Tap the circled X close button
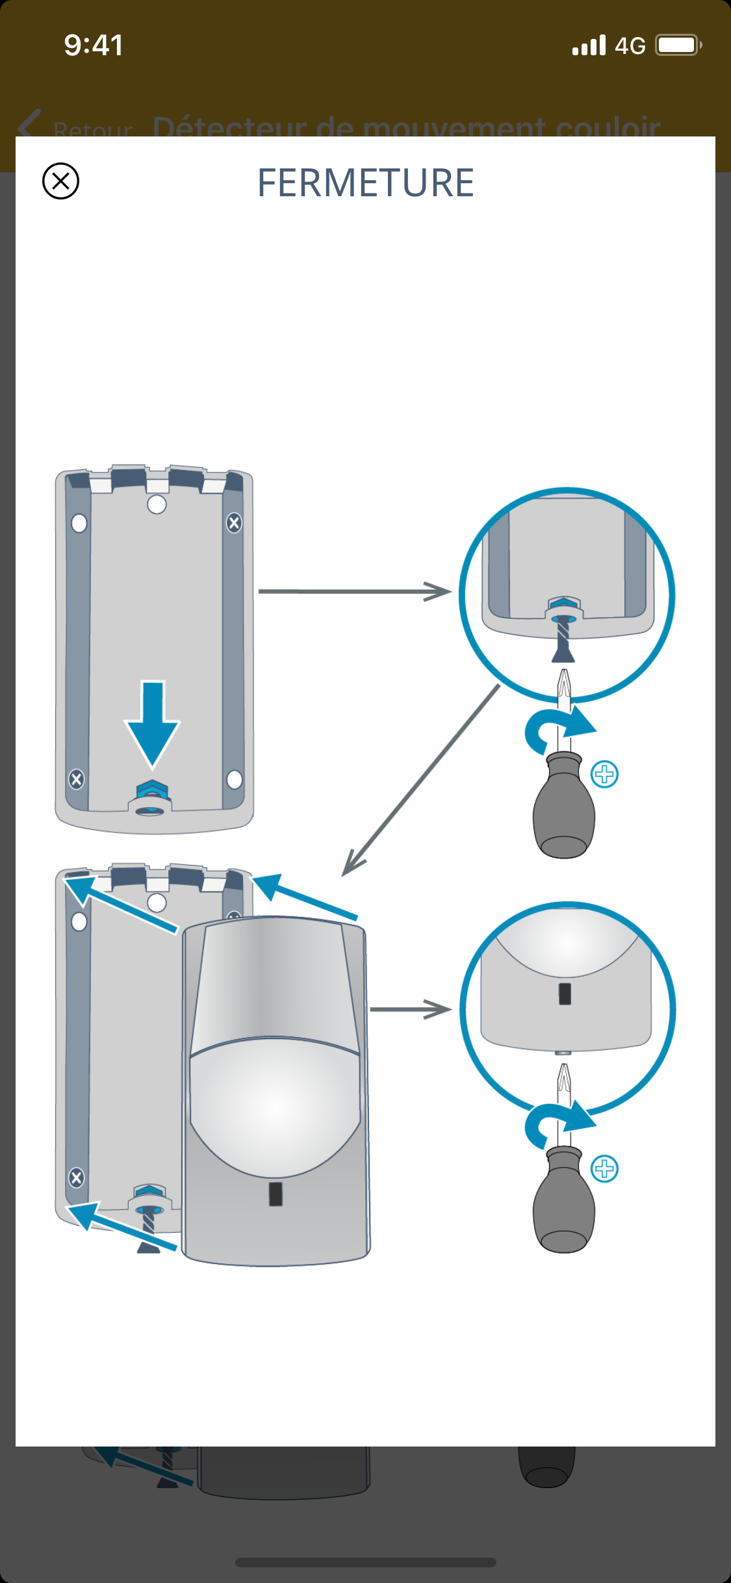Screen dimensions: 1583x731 60,181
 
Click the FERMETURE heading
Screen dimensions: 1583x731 366,183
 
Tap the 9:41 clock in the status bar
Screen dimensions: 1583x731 94,45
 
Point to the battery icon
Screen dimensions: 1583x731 678,45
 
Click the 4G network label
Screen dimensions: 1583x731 630,46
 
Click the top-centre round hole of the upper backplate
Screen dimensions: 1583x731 157,504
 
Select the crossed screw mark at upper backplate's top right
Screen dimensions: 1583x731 234,522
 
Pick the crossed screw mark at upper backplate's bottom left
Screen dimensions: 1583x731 77,779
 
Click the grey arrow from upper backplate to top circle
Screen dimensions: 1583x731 354,591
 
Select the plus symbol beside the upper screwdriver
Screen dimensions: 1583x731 605,774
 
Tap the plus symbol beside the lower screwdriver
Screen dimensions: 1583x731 605,1168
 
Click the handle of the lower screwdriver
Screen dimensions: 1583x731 564,1202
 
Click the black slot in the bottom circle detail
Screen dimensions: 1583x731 565,994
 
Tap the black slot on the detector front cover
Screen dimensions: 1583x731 276,1194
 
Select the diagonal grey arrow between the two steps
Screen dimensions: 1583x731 422,780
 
